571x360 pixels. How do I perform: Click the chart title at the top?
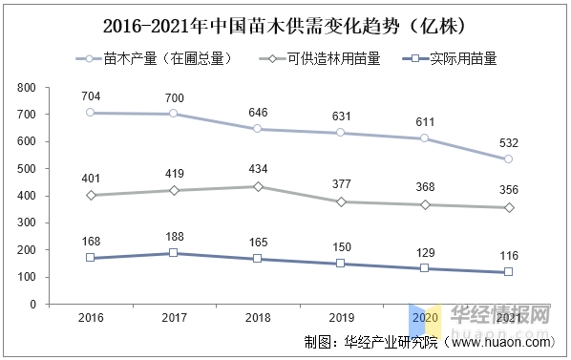pyautogui.click(x=285, y=22)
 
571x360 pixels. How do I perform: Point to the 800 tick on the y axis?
pyautogui.click(x=53, y=87)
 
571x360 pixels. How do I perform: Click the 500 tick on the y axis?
pyautogui.click(x=53, y=168)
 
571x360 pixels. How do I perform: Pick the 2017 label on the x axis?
pyautogui.click(x=173, y=317)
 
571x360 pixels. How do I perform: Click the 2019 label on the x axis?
pyautogui.click(x=340, y=317)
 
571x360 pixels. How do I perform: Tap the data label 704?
pyautogui.click(x=90, y=96)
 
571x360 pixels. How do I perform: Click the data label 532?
pyautogui.click(x=508, y=143)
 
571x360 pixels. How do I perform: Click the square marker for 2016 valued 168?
pyautogui.click(x=90, y=258)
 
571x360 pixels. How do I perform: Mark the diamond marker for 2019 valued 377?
pyautogui.click(x=340, y=201)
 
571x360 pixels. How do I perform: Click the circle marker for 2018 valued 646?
pyautogui.click(x=257, y=129)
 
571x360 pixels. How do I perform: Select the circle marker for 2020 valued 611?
pyautogui.click(x=424, y=138)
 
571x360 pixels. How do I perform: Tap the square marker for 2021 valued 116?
pyautogui.click(x=508, y=272)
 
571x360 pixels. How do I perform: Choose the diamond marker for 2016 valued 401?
pyautogui.click(x=90, y=195)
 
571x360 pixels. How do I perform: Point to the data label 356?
pyautogui.click(x=508, y=191)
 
